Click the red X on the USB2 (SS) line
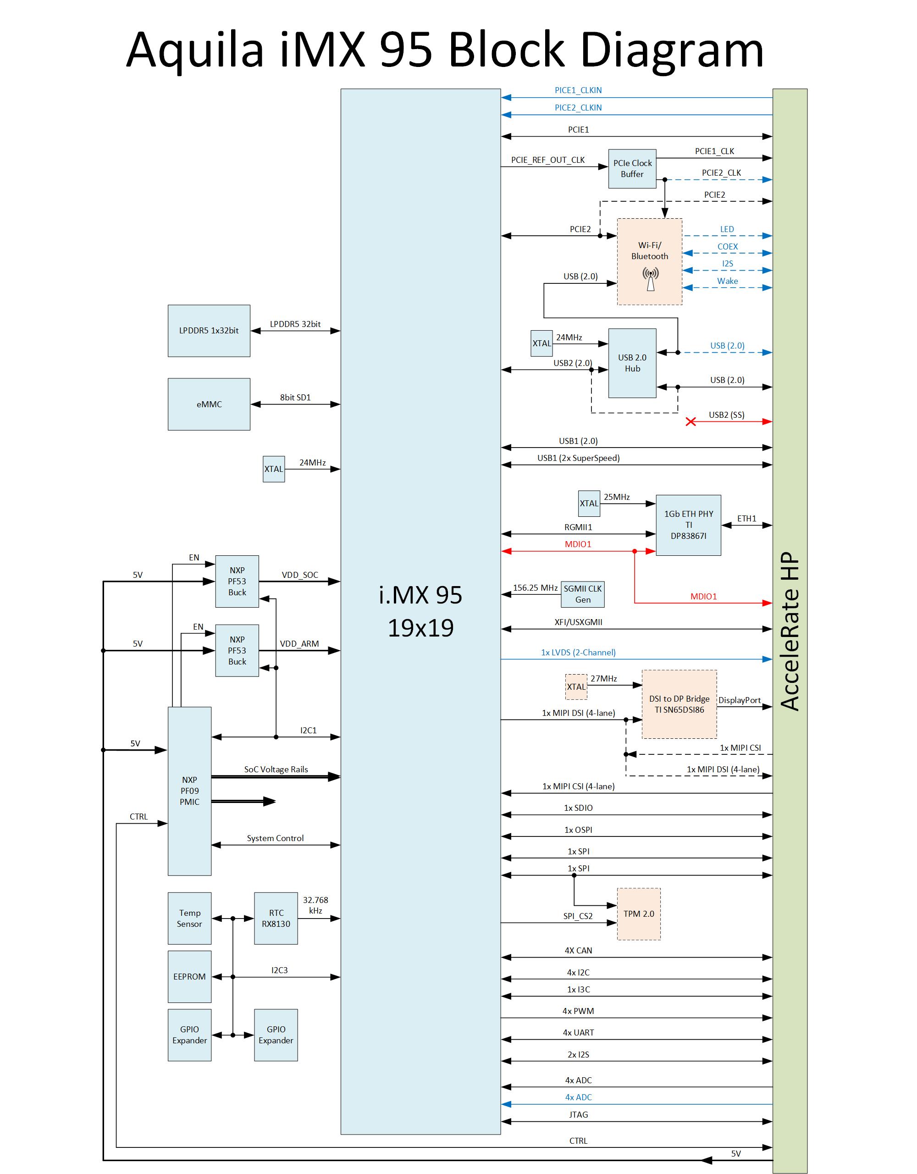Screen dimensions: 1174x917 coord(691,421)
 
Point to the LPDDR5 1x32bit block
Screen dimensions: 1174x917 coord(209,331)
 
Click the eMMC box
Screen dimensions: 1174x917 coord(209,404)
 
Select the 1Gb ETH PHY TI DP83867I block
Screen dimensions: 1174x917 coord(688,525)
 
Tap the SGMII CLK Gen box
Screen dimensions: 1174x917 coord(583,594)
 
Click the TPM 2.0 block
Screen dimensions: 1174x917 coord(639,914)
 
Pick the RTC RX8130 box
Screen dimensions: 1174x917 coord(276,918)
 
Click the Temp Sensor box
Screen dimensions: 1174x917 coord(189,918)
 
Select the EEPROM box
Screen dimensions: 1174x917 coord(189,976)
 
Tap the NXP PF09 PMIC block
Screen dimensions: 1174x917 coord(189,790)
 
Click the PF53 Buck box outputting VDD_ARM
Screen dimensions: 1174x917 coord(237,650)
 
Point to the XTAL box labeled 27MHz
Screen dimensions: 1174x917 coord(576,687)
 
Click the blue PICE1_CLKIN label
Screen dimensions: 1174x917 coord(578,90)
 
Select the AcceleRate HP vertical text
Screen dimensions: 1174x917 coord(789,631)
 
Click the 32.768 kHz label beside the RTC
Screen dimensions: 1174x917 coord(315,905)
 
